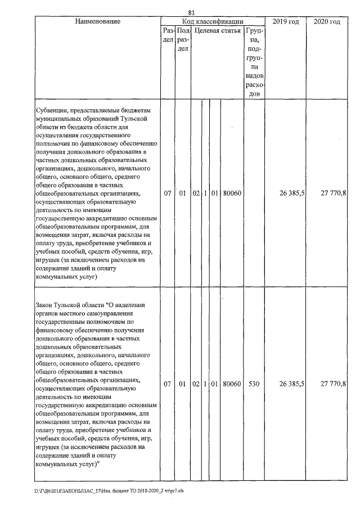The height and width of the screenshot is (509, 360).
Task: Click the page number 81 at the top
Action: [191, 12]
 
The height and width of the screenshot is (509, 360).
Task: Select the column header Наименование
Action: [97, 21]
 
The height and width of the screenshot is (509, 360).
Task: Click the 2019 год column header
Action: [286, 21]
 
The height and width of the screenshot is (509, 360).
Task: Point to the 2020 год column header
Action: [327, 21]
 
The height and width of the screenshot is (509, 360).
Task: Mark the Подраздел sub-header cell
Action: [182, 40]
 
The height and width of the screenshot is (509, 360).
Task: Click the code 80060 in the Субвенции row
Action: [232, 193]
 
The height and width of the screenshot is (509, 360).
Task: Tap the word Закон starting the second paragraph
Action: [46, 304]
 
